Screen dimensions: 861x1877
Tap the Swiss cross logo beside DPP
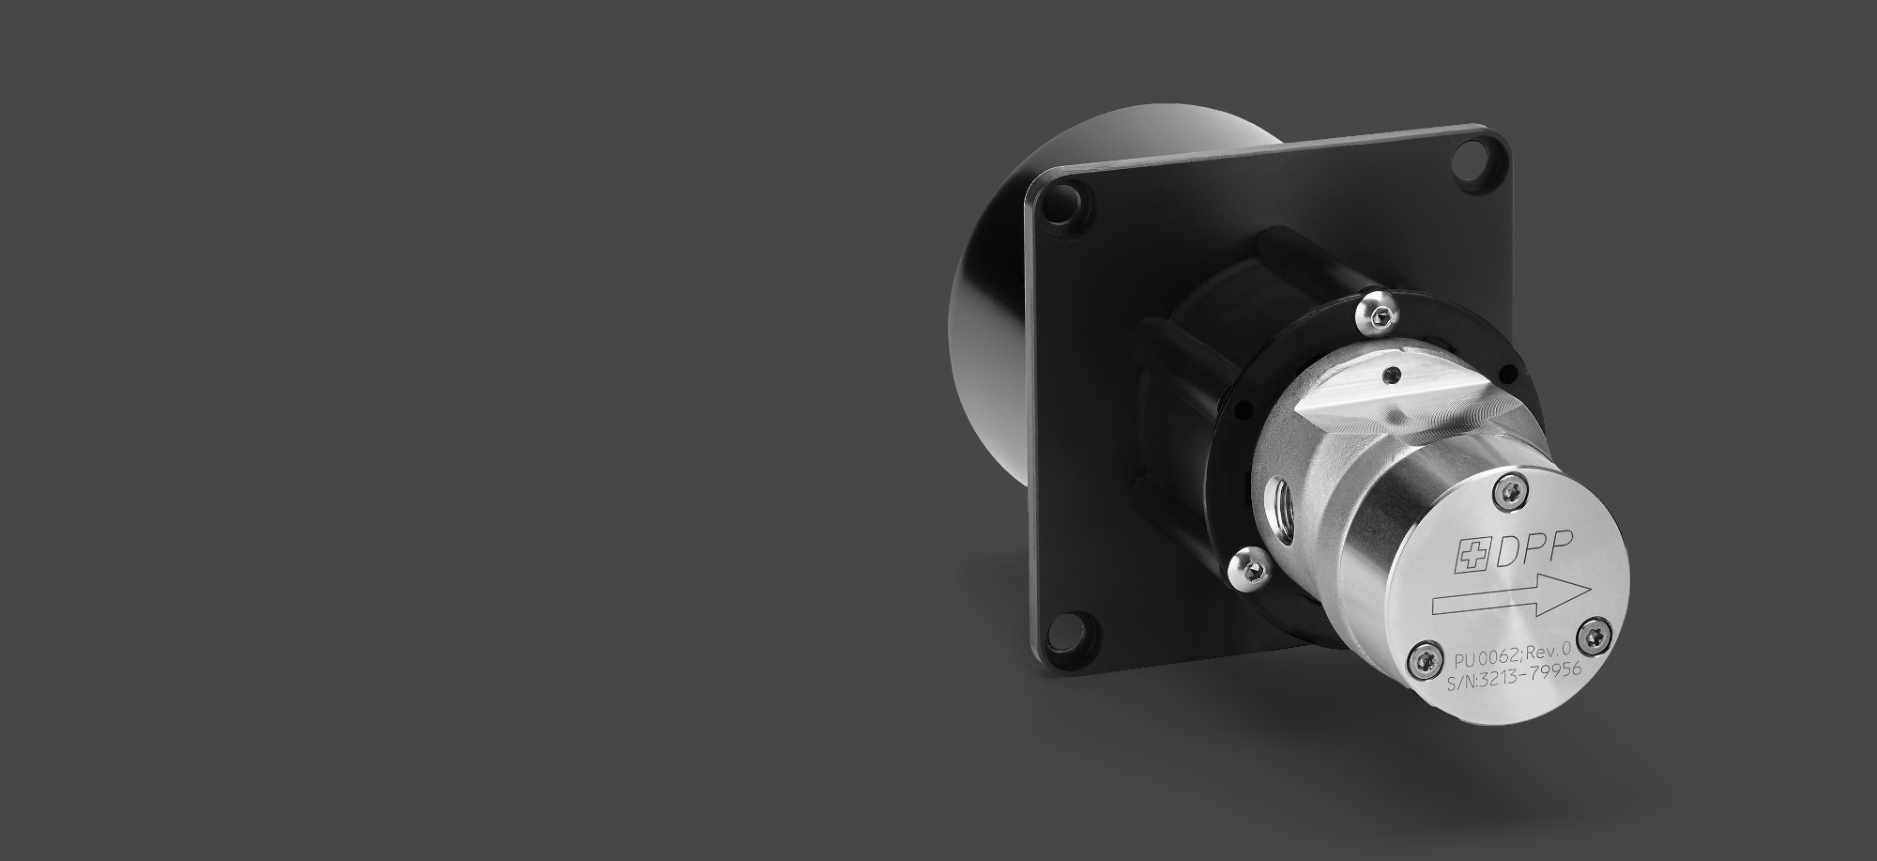tap(1472, 556)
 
